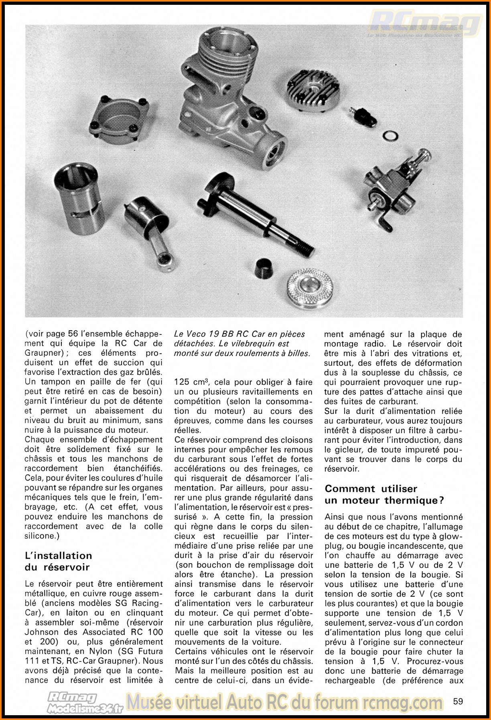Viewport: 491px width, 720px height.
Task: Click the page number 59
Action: click(x=458, y=701)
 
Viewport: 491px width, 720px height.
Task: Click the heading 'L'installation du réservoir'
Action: click(x=59, y=561)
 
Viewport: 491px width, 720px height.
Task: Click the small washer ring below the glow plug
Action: click(x=390, y=136)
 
